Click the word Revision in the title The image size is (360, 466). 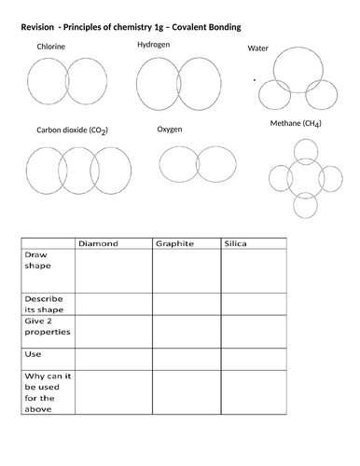pos(41,27)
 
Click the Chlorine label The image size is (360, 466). pos(52,46)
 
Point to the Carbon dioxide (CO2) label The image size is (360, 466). pos(73,130)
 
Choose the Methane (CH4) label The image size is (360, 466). pos(295,124)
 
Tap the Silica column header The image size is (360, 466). pos(236,242)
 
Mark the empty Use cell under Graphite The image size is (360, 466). pos(186,359)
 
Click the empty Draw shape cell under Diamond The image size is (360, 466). pos(113,271)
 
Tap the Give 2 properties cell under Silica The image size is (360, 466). pos(254,330)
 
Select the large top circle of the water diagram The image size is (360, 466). pos(299,67)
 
